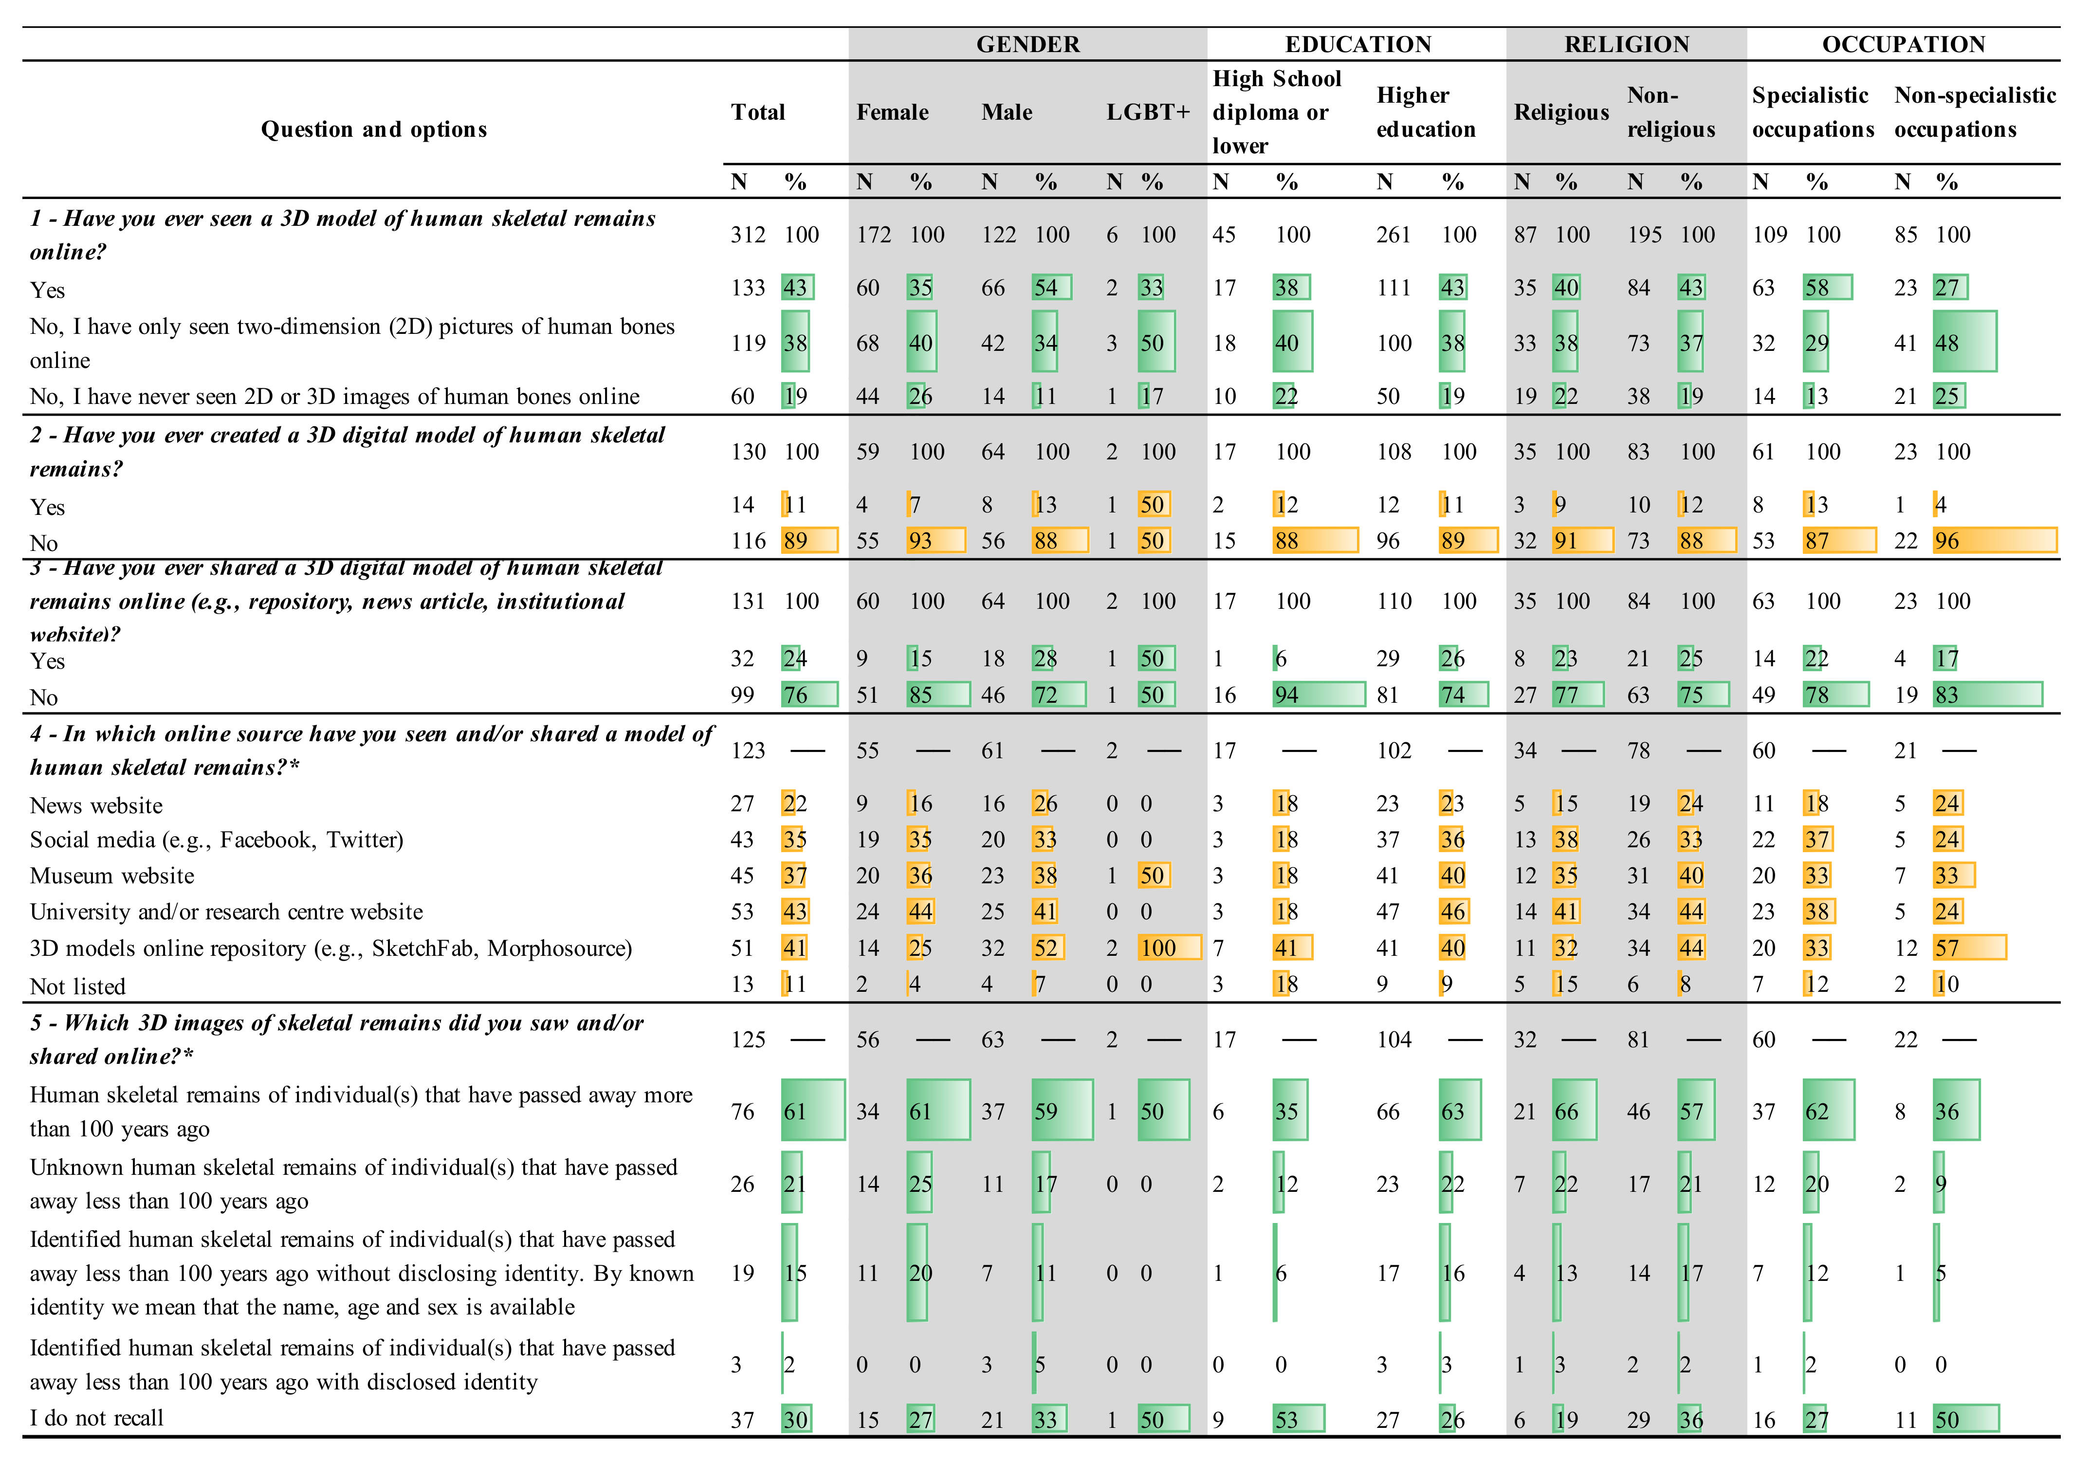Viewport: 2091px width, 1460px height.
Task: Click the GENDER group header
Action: [x=1027, y=45]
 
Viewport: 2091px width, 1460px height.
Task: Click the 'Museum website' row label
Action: [x=112, y=876]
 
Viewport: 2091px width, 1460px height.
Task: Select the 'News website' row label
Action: [x=96, y=805]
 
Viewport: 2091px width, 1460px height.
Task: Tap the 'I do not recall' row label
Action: [x=96, y=1418]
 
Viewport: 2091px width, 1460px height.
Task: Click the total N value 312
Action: [x=748, y=235]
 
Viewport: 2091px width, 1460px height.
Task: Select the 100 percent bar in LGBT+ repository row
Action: [x=1169, y=948]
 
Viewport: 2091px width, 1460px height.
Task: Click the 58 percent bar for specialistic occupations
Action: [x=1826, y=288]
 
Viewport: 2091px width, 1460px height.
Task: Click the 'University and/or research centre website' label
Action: [x=226, y=912]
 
